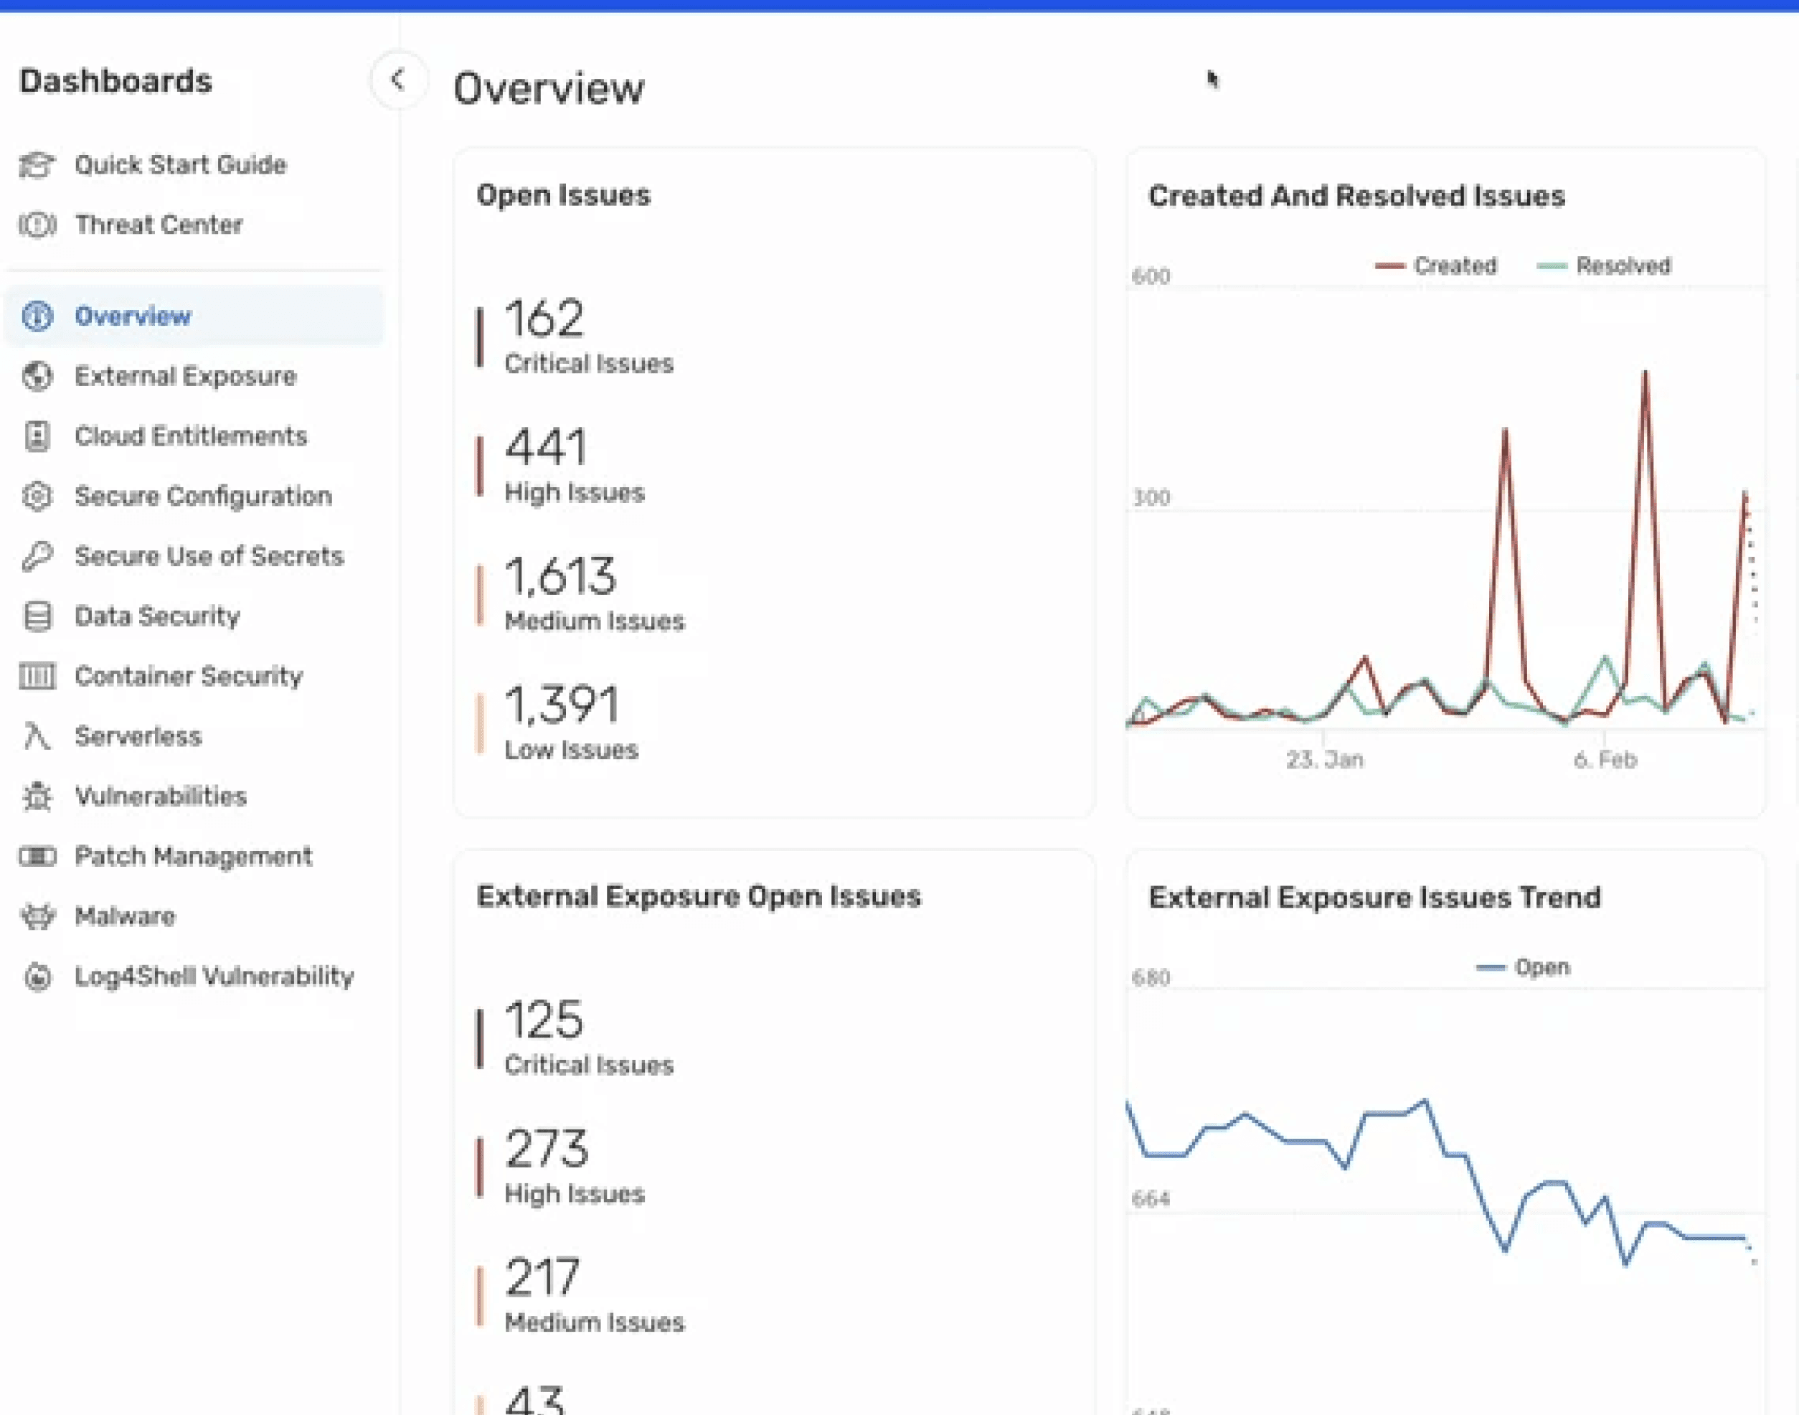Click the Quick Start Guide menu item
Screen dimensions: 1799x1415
180,165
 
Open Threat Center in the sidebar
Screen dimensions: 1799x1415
159,225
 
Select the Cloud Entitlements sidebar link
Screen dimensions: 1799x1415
191,436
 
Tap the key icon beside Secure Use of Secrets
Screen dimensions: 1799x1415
37,556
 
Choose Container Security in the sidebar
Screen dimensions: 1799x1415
189,676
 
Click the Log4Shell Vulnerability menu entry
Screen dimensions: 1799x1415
214,976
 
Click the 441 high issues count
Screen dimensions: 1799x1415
546,446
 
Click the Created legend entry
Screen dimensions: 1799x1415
1436,266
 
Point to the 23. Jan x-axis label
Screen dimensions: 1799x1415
1324,760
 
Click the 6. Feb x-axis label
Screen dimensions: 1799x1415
1605,760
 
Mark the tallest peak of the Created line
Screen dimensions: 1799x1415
1645,372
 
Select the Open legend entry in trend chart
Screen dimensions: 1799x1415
1523,967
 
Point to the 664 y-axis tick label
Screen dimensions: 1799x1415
1151,1199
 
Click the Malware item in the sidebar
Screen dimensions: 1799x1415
124,916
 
